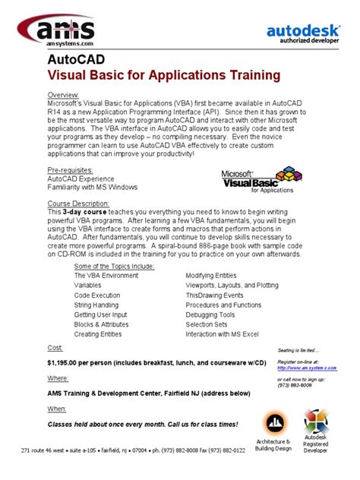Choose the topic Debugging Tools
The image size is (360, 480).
[210, 314]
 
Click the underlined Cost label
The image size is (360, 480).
[55, 347]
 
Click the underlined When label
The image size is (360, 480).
[57, 408]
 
